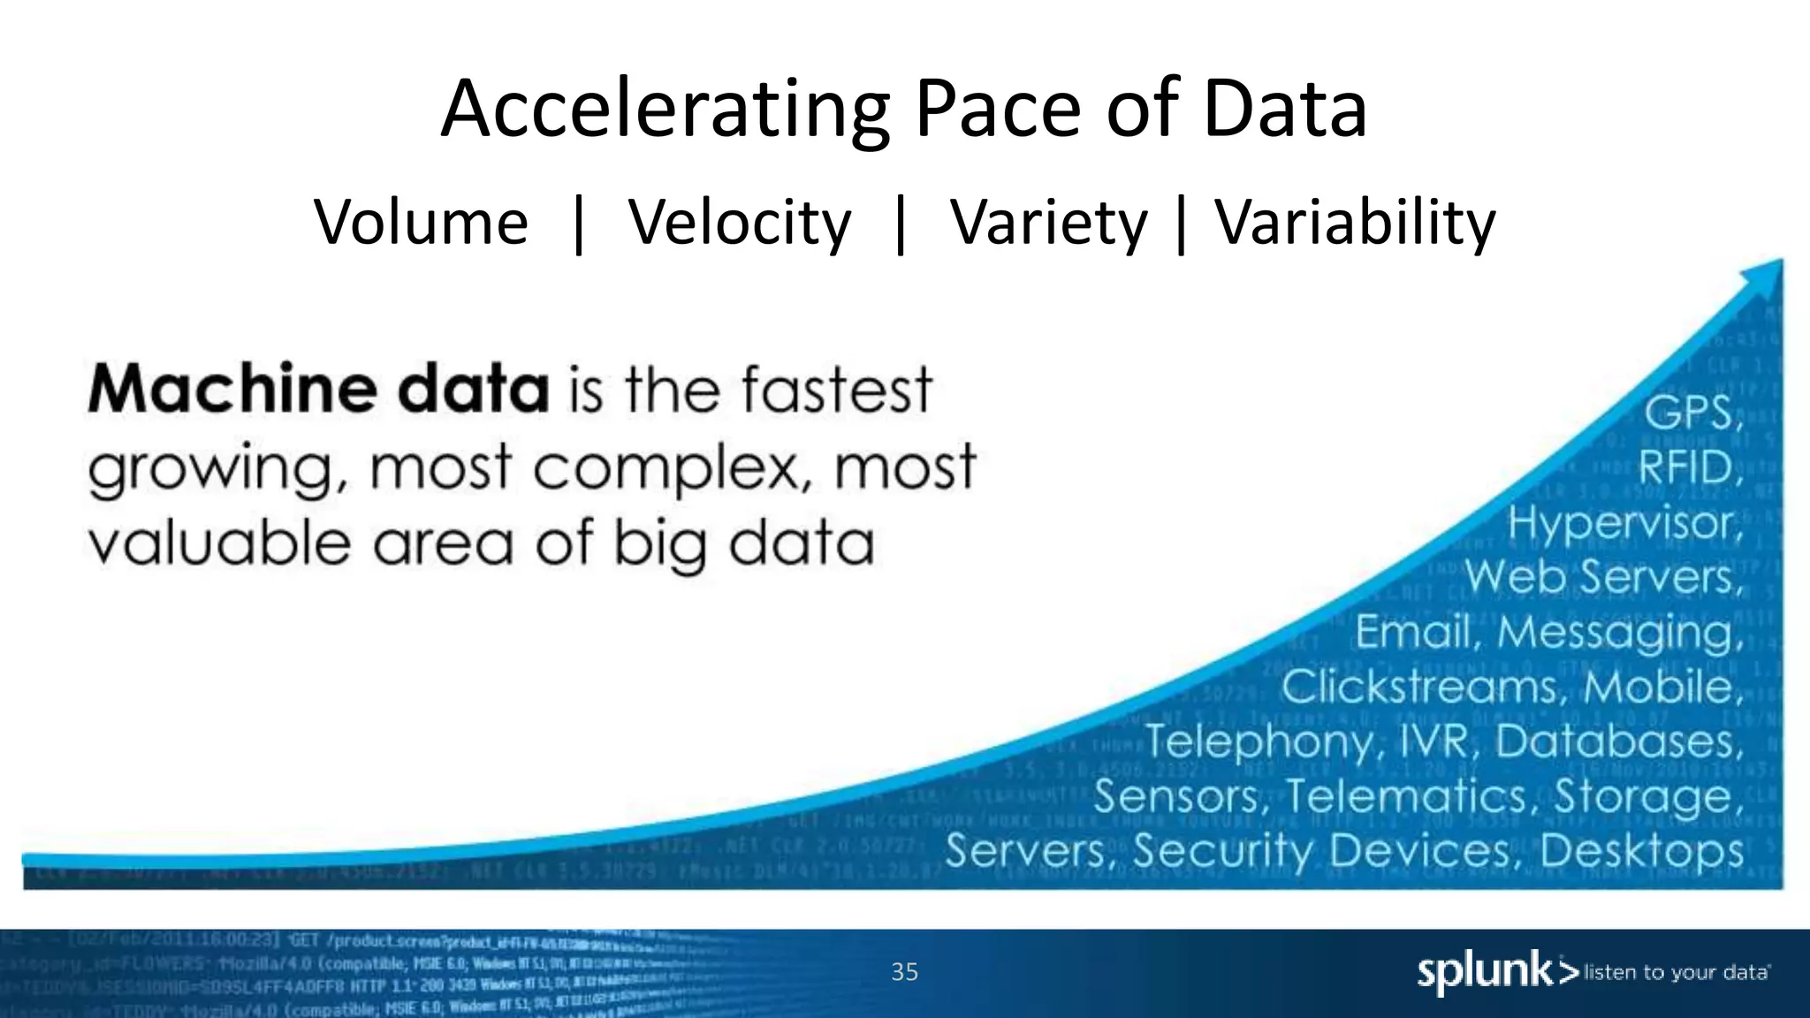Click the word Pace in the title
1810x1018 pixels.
[999, 110]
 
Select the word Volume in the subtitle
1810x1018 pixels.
[422, 222]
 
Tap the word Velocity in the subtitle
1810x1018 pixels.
[740, 222]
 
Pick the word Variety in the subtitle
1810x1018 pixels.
[1048, 222]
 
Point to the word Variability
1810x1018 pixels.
[1355, 222]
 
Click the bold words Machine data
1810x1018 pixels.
[319, 389]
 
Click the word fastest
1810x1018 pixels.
[835, 389]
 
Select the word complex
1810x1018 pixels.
[675, 467]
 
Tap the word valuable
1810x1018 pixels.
[219, 543]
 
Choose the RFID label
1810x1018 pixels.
[1689, 467]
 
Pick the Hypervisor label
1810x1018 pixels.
[1624, 522]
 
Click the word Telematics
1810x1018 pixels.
[1406, 795]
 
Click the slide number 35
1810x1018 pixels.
[904, 972]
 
